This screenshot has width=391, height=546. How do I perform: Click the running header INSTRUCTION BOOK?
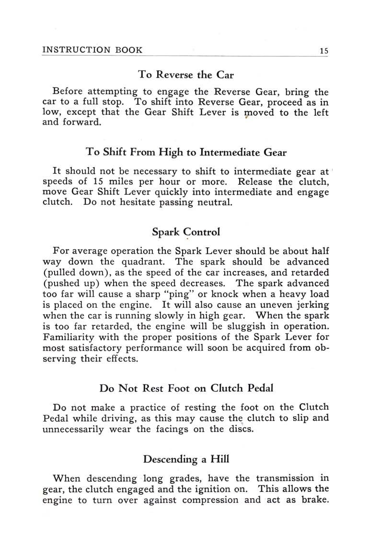point(92,50)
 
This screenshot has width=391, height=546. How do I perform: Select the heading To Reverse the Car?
point(186,75)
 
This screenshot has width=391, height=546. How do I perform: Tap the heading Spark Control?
point(186,232)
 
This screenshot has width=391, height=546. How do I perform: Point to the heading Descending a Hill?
point(186,459)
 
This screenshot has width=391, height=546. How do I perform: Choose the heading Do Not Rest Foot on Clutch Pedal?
point(186,388)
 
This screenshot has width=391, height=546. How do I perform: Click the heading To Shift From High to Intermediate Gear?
point(186,153)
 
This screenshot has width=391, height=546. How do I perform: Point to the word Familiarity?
point(71,337)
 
